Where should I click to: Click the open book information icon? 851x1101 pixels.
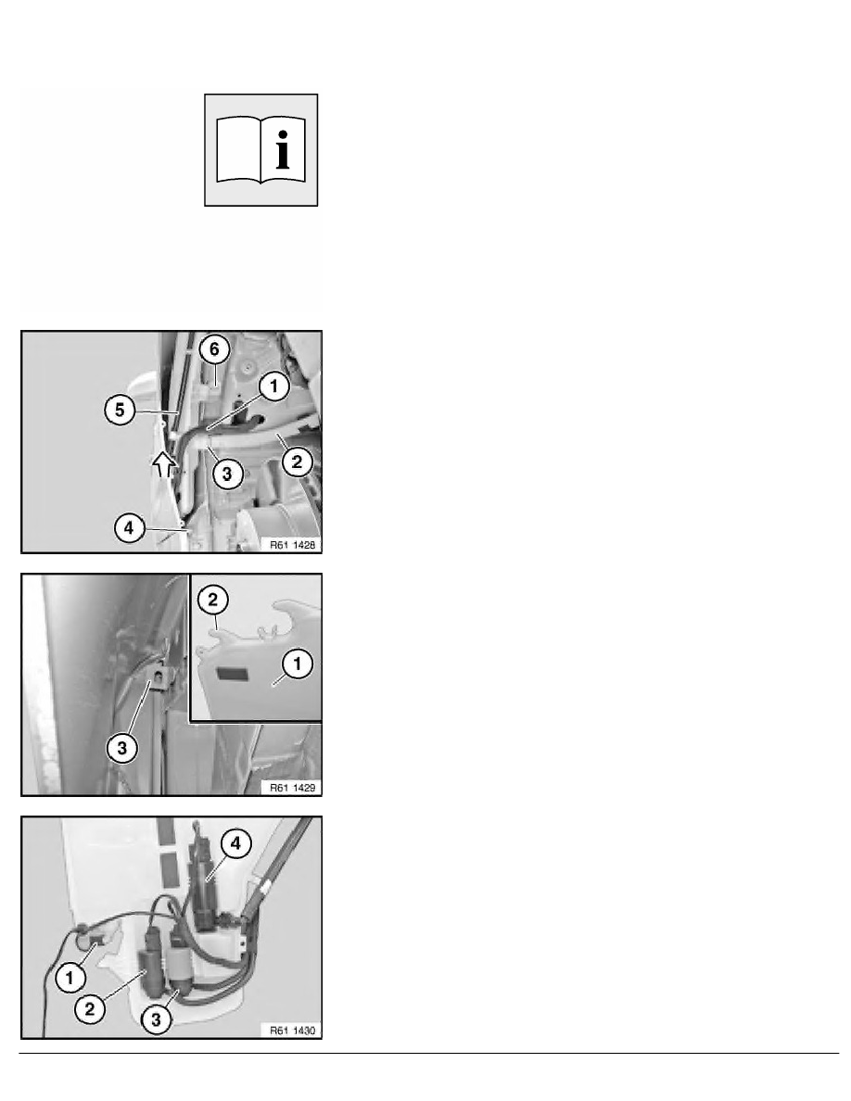[261, 150]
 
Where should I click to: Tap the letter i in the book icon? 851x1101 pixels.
[283, 149]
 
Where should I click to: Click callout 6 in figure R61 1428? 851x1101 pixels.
[214, 349]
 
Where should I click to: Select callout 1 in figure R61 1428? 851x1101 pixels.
[273, 386]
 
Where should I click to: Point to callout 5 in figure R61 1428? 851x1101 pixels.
[121, 410]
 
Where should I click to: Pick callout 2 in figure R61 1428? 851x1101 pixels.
[297, 462]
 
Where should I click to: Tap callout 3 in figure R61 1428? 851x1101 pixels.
[227, 474]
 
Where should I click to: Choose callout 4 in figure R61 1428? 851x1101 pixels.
[129, 528]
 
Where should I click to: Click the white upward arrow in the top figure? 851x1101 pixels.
[163, 464]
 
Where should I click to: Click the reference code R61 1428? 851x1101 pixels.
[292, 545]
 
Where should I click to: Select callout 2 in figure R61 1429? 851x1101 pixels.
[213, 600]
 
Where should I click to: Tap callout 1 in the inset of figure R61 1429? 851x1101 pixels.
[297, 664]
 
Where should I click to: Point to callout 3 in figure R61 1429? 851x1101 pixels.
[122, 748]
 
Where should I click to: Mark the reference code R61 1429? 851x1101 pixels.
[292, 788]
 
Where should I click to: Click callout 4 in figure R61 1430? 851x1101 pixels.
[235, 843]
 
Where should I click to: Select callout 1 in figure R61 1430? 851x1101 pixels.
[70, 978]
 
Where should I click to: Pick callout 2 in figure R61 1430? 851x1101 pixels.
[90, 1009]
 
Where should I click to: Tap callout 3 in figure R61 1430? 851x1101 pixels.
[156, 1019]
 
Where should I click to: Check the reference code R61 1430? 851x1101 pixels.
[292, 1031]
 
